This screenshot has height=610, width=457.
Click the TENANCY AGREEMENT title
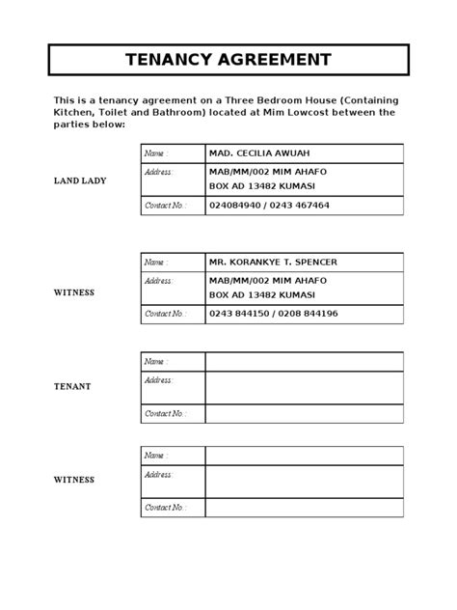click(x=228, y=60)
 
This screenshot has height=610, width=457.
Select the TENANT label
click(x=72, y=386)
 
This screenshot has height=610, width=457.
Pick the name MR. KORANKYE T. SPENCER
click(x=272, y=263)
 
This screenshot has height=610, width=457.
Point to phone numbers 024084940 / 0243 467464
click(x=269, y=206)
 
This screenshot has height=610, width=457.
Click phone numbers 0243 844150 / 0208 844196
click(x=273, y=314)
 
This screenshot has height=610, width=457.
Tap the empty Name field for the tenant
click(x=304, y=361)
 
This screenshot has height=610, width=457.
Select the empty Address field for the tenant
click(x=304, y=387)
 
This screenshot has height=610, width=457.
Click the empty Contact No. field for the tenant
click(x=304, y=413)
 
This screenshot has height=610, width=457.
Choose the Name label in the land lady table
click(x=155, y=153)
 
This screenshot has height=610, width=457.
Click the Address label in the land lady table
click(x=158, y=172)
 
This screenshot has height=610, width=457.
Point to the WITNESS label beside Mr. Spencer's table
click(x=73, y=292)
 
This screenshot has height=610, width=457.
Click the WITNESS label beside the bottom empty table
click(x=73, y=480)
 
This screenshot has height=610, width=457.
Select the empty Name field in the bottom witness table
click(x=304, y=455)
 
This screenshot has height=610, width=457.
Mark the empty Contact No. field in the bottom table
click(x=304, y=507)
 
